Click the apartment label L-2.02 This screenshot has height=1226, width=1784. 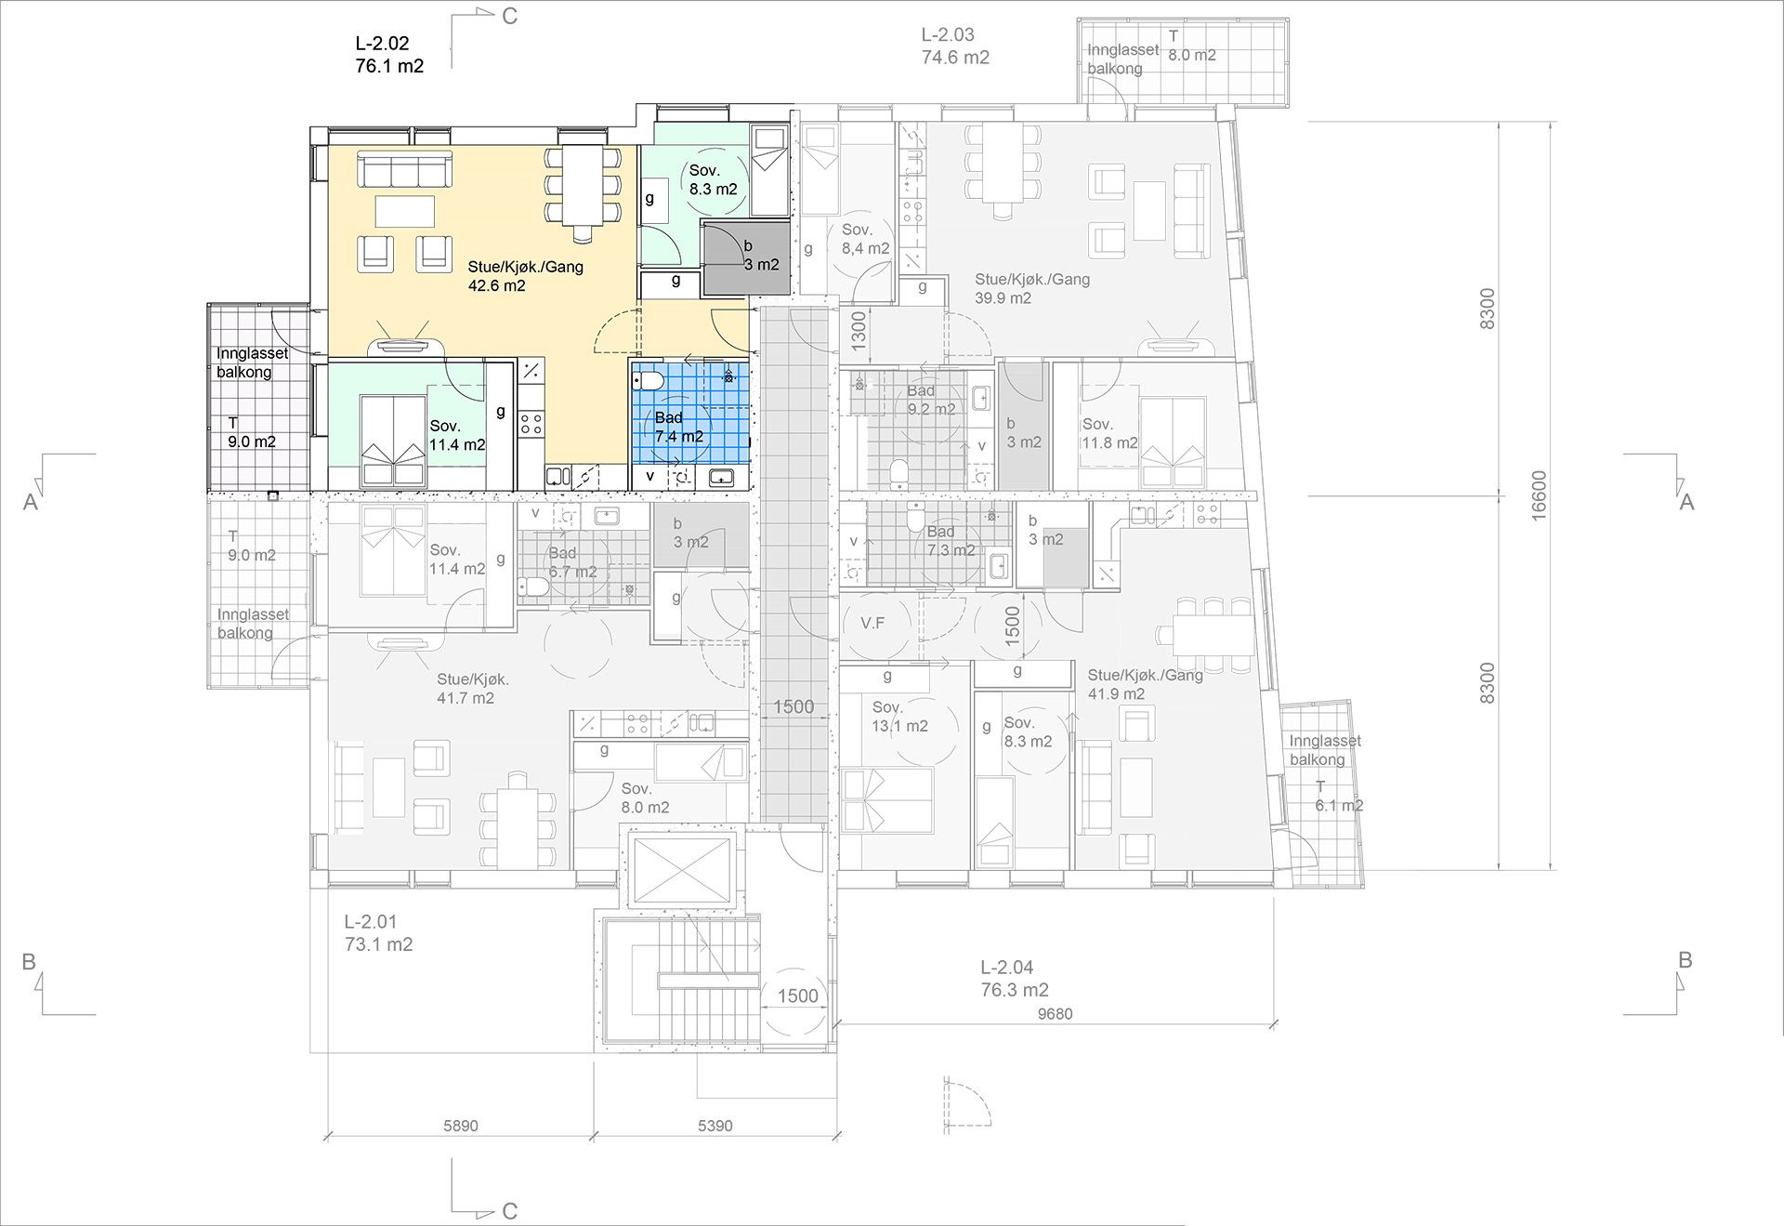(382, 44)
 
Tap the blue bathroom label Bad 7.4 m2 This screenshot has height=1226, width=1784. (678, 427)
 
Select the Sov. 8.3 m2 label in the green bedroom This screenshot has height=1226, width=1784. (713, 179)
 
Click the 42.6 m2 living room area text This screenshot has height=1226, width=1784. (496, 286)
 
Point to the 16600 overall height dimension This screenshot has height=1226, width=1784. (1539, 495)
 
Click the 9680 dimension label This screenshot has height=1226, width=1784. (1055, 1014)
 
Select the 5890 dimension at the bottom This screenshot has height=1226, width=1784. (460, 1126)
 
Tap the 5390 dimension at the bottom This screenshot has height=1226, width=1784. (715, 1126)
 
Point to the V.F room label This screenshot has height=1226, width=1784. (872, 623)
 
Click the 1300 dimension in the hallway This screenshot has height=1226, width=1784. (859, 330)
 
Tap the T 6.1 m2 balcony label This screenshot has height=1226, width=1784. (1338, 797)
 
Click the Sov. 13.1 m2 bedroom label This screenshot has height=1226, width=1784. (899, 718)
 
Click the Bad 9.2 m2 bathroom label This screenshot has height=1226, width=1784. (931, 400)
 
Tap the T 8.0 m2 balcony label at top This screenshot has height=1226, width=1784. (1192, 46)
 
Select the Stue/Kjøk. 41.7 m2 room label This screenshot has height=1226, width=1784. (473, 689)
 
